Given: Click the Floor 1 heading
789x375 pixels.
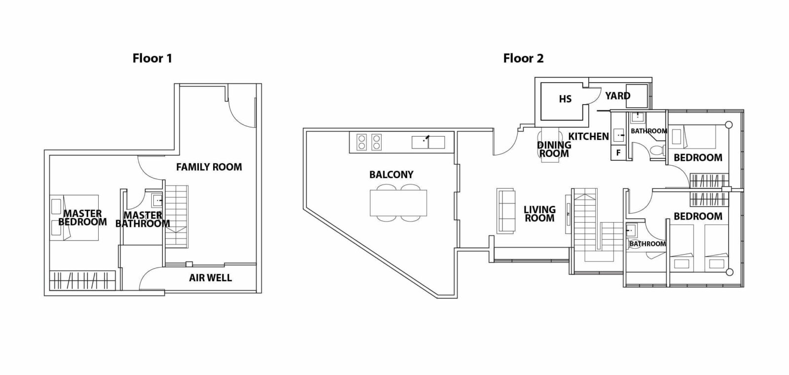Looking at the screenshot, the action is click(x=152, y=58).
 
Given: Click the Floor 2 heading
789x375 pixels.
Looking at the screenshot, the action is click(x=523, y=58).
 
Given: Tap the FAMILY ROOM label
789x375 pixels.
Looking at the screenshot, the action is click(x=209, y=167).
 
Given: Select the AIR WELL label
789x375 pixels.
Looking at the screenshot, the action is click(x=210, y=278).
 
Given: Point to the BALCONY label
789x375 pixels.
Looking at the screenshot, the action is click(x=392, y=175).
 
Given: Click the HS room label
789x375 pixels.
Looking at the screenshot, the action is click(x=565, y=99).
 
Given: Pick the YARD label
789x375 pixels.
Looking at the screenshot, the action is click(x=618, y=96).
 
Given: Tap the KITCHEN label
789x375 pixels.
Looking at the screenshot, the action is click(x=589, y=136).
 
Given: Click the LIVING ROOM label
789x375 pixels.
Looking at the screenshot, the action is click(x=539, y=214).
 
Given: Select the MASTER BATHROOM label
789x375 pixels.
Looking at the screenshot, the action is click(x=143, y=220).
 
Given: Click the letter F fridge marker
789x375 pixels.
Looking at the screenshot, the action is click(x=618, y=153).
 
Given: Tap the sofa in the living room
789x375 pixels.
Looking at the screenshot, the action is click(x=506, y=211).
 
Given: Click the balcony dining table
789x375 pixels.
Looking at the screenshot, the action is click(x=398, y=203).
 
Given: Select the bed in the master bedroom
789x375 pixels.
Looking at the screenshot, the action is click(x=74, y=218).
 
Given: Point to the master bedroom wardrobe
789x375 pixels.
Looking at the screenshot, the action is click(x=82, y=281).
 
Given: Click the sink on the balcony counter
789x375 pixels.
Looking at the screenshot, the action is click(x=429, y=143).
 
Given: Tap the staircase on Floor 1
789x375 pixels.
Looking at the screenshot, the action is click(x=177, y=217).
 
